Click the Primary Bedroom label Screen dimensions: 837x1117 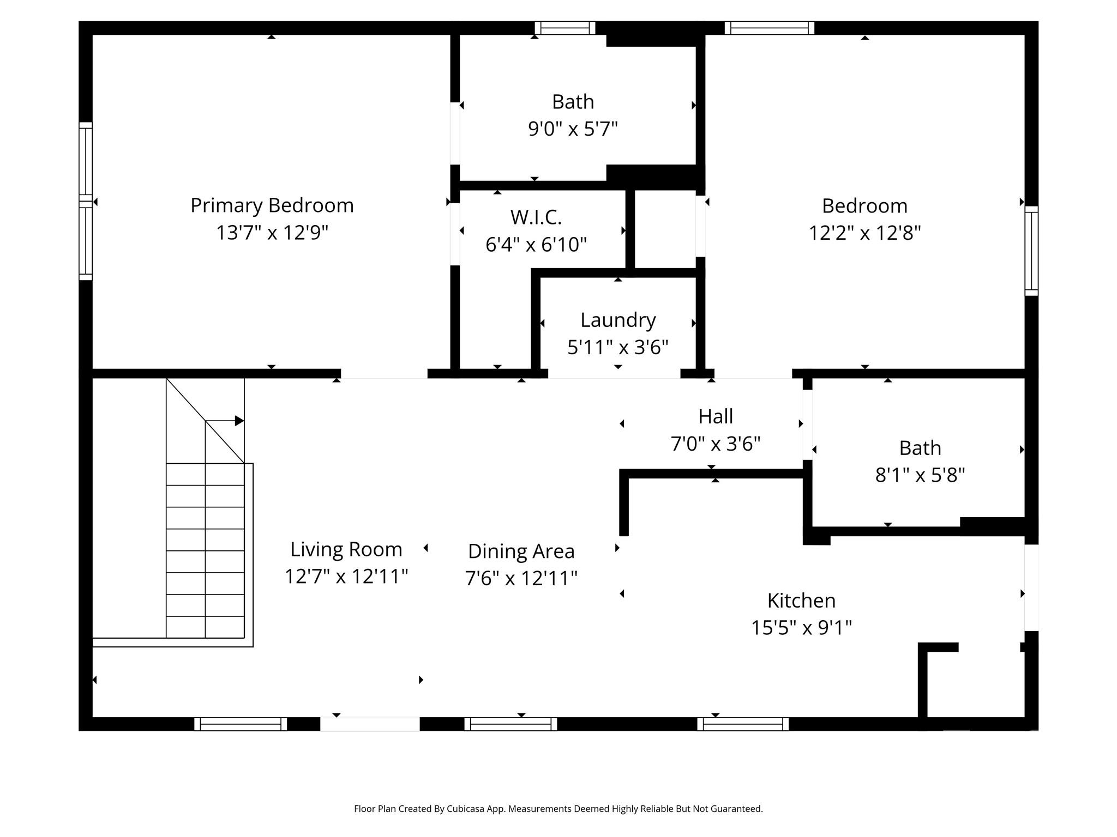pos(272,205)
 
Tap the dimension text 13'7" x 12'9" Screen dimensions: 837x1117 pos(272,233)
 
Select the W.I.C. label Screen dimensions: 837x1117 pos(536,217)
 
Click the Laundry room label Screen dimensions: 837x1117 pos(617,320)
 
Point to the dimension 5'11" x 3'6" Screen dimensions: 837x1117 pos(617,347)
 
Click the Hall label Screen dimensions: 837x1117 pos(715,416)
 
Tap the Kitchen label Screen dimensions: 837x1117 pos(801,601)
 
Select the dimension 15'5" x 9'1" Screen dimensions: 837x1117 pos(801,628)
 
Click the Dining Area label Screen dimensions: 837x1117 pos(521,551)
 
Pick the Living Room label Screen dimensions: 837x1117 pos(346,549)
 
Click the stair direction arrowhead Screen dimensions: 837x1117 pos(239,421)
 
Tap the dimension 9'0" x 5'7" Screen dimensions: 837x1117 pos(572,129)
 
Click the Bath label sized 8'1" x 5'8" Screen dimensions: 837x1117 pos(920,448)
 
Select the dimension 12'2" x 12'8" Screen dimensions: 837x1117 pos(864,233)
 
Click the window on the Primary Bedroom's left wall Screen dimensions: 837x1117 pos(86,201)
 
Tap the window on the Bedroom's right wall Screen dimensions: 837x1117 pos(1031,251)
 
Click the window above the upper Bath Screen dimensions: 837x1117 pos(564,28)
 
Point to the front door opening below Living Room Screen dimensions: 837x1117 pos(369,724)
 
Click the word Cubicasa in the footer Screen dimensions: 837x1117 pos(466,809)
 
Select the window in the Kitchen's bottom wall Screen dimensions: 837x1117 pos(742,724)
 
